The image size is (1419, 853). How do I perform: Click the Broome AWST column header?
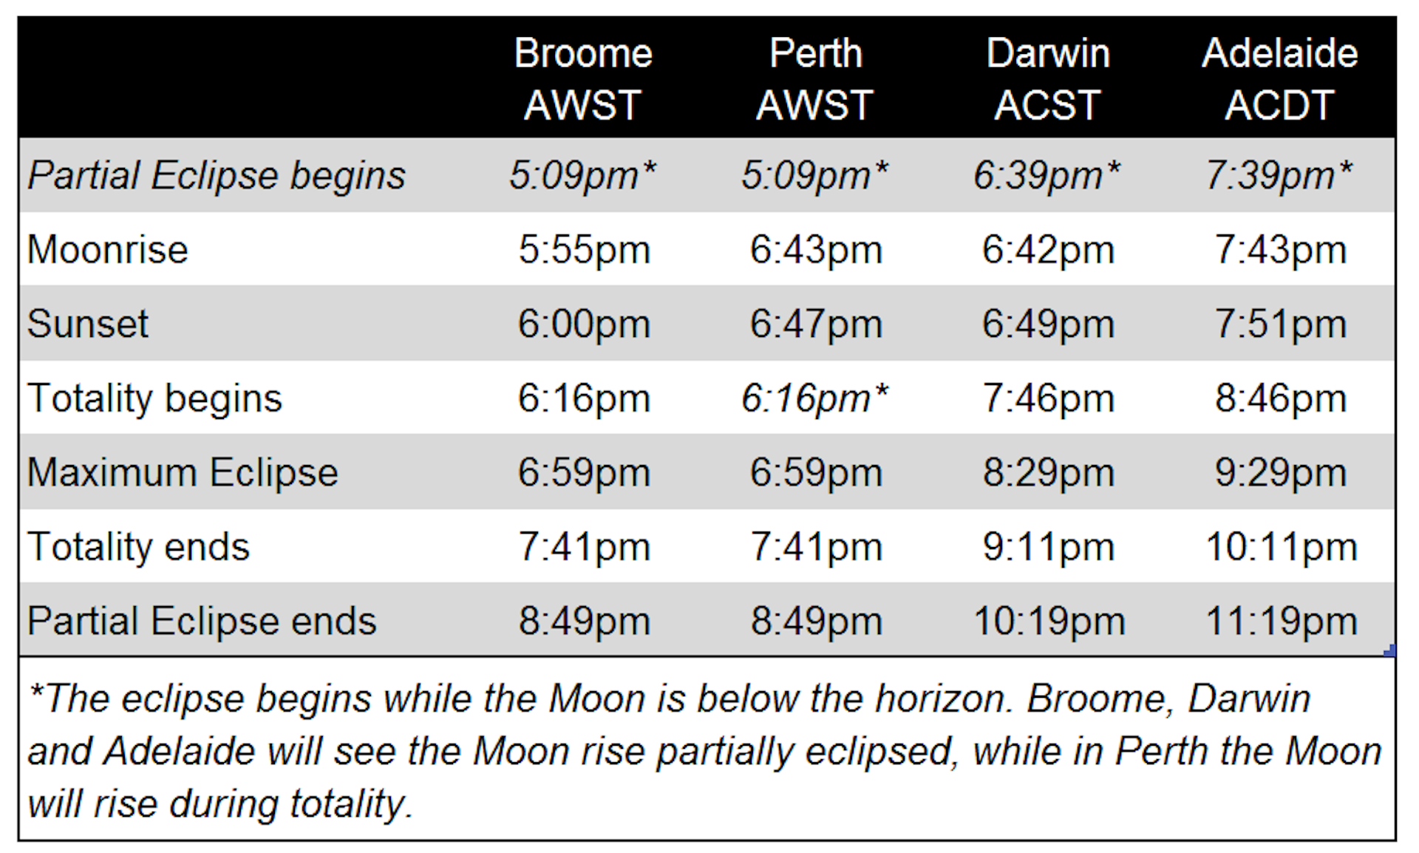pyautogui.click(x=583, y=78)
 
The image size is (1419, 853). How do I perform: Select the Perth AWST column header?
pyautogui.click(x=815, y=78)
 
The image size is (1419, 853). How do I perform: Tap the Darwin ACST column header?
pyautogui.click(x=1048, y=78)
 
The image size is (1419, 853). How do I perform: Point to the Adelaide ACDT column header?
pyautogui.click(x=1280, y=78)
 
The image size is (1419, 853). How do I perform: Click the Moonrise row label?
pyautogui.click(x=108, y=249)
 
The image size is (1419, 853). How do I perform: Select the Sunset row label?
pyautogui.click(x=88, y=324)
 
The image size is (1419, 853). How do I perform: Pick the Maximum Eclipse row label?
pyautogui.click(x=183, y=472)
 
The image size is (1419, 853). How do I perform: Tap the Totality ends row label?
pyautogui.click(x=139, y=547)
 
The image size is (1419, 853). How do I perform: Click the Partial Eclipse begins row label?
pyautogui.click(x=217, y=176)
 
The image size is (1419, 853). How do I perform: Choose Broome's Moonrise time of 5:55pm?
pyautogui.click(x=584, y=250)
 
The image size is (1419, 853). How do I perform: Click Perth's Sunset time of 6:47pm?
pyautogui.click(x=816, y=324)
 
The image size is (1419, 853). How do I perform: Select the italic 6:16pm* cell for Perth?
pyautogui.click(x=814, y=398)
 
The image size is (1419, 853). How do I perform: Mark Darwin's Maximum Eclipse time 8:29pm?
pyautogui.click(x=1048, y=473)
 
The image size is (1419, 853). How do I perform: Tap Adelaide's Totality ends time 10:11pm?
pyautogui.click(x=1282, y=548)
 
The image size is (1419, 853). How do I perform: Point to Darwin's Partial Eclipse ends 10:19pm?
pyautogui.click(x=1049, y=622)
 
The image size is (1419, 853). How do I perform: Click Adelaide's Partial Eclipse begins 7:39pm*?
pyautogui.click(x=1279, y=176)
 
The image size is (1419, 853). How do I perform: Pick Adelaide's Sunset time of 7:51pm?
pyautogui.click(x=1281, y=324)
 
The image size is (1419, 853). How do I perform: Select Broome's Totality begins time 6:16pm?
pyautogui.click(x=584, y=399)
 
